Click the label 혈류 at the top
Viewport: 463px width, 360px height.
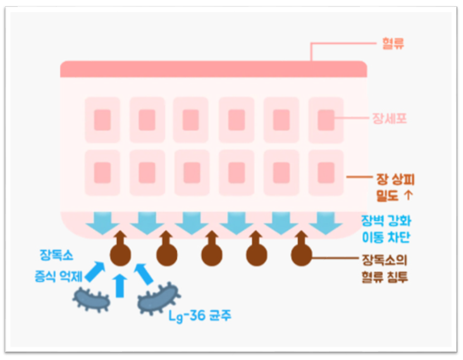[x=393, y=44]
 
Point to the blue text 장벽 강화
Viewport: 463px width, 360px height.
[x=386, y=221]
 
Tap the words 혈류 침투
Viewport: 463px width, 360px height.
[x=385, y=276]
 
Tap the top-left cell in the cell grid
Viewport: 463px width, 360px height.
[x=102, y=120]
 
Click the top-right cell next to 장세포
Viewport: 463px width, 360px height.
[x=326, y=120]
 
